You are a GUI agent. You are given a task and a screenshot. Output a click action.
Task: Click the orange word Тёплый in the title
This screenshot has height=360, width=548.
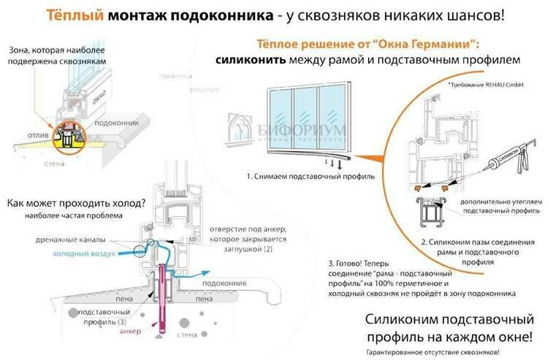pyautogui.click(x=71, y=15)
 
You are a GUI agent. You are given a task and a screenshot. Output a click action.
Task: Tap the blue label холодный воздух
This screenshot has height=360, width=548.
pyautogui.click(x=83, y=254)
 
